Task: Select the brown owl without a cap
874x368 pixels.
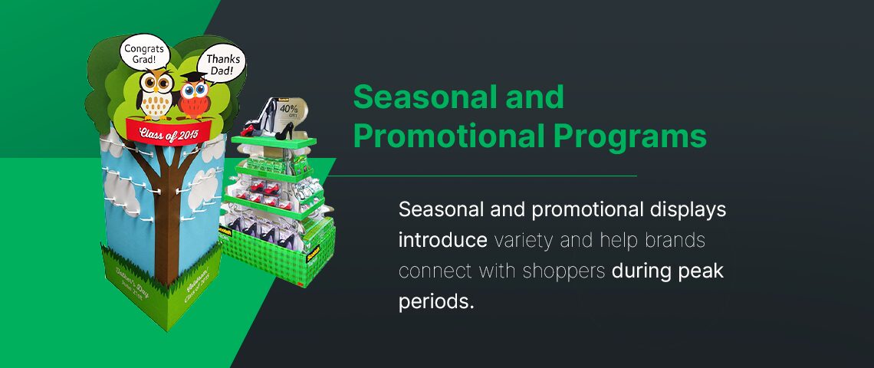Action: [157, 94]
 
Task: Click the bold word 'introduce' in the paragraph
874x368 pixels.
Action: [443, 239]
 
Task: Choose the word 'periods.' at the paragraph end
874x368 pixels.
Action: [436, 301]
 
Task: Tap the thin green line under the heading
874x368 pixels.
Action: [491, 176]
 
